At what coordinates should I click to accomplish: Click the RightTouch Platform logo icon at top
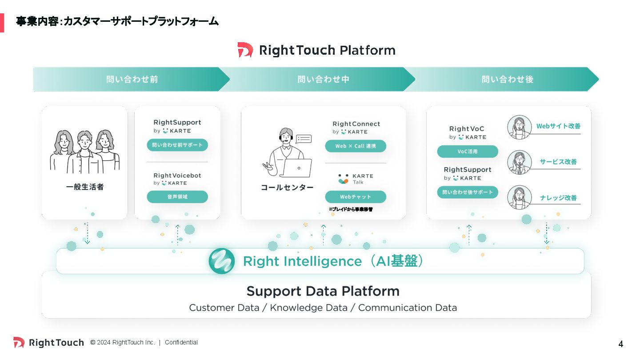pos(245,50)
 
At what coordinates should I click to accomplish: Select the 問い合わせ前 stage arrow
pos(132,80)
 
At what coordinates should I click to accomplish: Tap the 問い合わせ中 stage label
pos(323,80)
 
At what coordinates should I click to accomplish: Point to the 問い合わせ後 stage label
pos(507,80)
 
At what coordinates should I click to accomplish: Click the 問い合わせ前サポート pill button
pos(177,145)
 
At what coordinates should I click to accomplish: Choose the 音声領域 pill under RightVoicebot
pos(177,197)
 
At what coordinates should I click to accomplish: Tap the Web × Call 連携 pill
pos(355,146)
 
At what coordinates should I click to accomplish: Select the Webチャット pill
pos(355,197)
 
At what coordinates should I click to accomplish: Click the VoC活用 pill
pos(468,152)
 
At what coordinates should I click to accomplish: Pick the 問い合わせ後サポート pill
pos(468,192)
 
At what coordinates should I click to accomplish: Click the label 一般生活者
pos(85,187)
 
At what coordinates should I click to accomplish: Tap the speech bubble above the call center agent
pos(304,139)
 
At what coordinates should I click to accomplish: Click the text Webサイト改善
pos(558,126)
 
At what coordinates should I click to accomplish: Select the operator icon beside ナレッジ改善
pos(520,197)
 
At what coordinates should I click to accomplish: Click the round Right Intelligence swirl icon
pos(221,261)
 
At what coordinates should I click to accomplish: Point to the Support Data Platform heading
pos(323,292)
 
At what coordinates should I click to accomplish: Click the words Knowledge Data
pos(308,308)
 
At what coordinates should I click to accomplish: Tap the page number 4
pos(621,344)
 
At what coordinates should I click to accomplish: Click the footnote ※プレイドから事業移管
pos(351,209)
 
